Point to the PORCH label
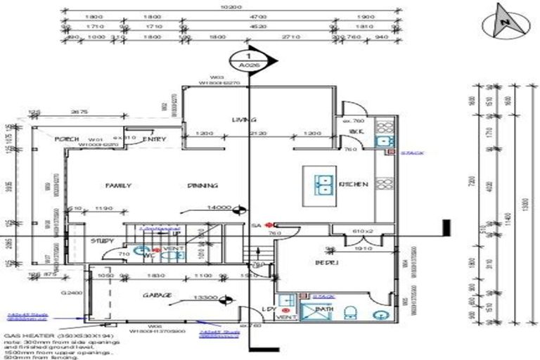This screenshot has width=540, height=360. [67, 139]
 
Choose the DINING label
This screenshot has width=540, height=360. [202, 186]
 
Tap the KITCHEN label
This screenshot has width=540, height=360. [354, 184]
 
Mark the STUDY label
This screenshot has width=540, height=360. [102, 241]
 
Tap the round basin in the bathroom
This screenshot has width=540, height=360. [381, 314]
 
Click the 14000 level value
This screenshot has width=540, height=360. [219, 207]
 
